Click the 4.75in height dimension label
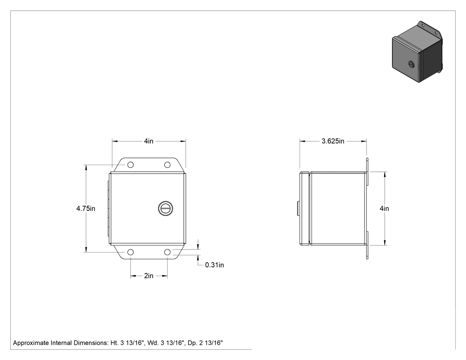pyautogui.click(x=86, y=209)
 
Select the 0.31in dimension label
pyautogui.click(x=214, y=265)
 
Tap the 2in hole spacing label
pyautogui.click(x=149, y=276)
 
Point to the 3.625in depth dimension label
pyautogui.click(x=333, y=141)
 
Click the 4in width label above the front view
pyautogui.click(x=149, y=141)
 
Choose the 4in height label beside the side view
pyautogui.click(x=384, y=209)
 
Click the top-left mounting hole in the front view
pyautogui.click(x=130, y=165)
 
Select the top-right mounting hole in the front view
pyautogui.click(x=167, y=165)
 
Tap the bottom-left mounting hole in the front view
pyautogui.click(x=130, y=253)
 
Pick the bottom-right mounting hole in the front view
pyautogui.click(x=167, y=253)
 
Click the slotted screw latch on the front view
pyautogui.click(x=166, y=208)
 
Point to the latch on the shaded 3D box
pyautogui.click(x=411, y=63)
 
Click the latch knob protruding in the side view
pyautogui.click(x=298, y=208)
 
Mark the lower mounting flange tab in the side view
pyautogui.click(x=367, y=245)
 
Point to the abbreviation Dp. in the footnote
pyautogui.click(x=192, y=343)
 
